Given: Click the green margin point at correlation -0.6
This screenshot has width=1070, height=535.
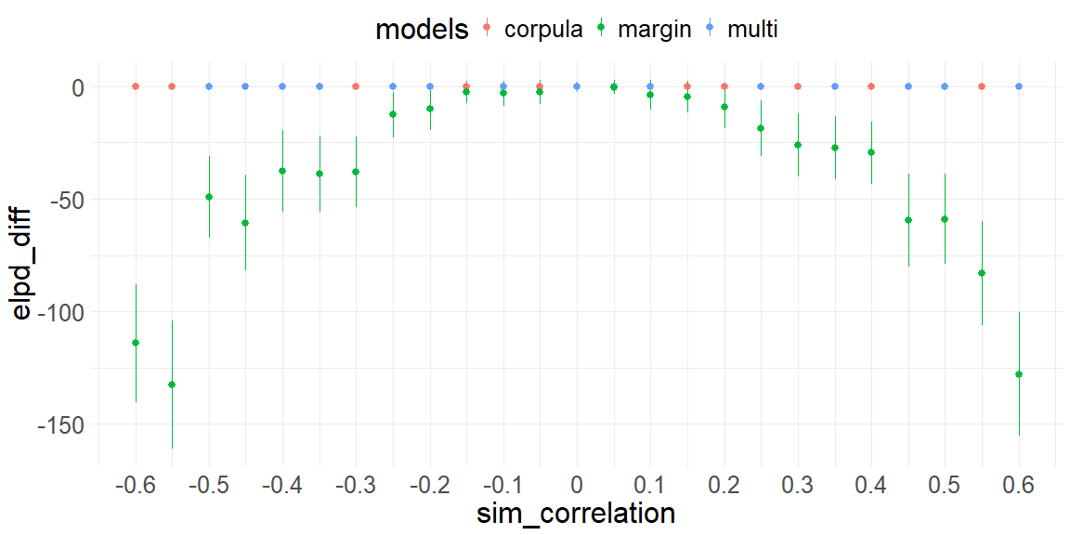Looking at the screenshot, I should point(136,343).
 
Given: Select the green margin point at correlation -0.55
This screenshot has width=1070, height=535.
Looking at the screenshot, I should point(172,385).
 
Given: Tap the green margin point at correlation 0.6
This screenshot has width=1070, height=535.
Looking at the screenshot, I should point(1019,374).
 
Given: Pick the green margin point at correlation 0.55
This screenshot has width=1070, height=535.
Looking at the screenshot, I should point(982,273).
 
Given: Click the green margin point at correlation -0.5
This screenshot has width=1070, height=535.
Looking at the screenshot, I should point(209,197).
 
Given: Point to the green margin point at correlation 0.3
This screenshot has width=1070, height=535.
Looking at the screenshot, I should point(798,145).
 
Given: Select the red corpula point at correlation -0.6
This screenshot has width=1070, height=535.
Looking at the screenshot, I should point(136,86).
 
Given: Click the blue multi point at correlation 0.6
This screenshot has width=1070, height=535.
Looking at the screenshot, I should point(1019,86).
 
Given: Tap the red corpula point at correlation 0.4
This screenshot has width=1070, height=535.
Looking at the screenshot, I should point(871,86).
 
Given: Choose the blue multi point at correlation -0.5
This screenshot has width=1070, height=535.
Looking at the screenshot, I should point(209,86).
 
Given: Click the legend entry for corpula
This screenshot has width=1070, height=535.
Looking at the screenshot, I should point(542,29).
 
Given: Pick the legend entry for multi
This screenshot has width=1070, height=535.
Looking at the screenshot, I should point(752,29).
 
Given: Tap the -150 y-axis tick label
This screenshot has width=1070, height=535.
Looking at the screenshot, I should point(60,424).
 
